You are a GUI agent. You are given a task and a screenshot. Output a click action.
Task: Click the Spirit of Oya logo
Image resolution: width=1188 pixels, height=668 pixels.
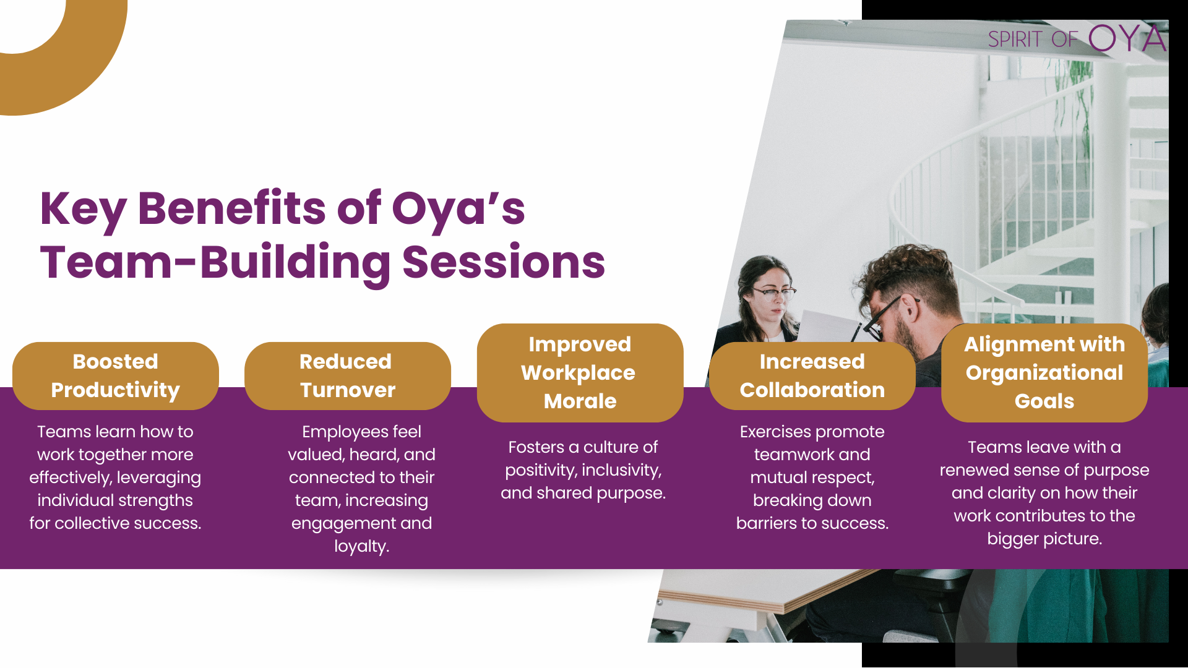[x=1077, y=38]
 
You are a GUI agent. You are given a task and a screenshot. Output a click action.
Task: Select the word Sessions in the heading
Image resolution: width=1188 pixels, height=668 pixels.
[x=504, y=262]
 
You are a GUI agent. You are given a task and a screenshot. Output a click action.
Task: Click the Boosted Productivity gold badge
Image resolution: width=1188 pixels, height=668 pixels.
[x=116, y=375]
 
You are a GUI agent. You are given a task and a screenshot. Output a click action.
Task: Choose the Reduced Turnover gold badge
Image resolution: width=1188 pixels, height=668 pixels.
[x=348, y=375]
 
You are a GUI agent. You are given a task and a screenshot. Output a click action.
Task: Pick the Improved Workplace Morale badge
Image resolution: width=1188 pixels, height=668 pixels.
[x=580, y=372]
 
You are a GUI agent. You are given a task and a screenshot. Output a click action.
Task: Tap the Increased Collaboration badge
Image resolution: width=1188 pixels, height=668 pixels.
[x=812, y=375]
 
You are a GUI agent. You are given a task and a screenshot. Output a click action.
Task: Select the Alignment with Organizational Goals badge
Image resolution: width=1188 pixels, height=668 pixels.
[x=1044, y=372]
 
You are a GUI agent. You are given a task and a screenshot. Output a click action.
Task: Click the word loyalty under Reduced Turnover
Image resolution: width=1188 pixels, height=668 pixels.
[x=361, y=546]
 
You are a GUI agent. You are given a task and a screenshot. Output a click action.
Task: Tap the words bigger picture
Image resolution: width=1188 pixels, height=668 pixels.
[x=1044, y=539]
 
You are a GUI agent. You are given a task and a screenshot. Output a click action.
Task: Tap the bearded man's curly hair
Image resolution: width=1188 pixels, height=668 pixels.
[x=910, y=272]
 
